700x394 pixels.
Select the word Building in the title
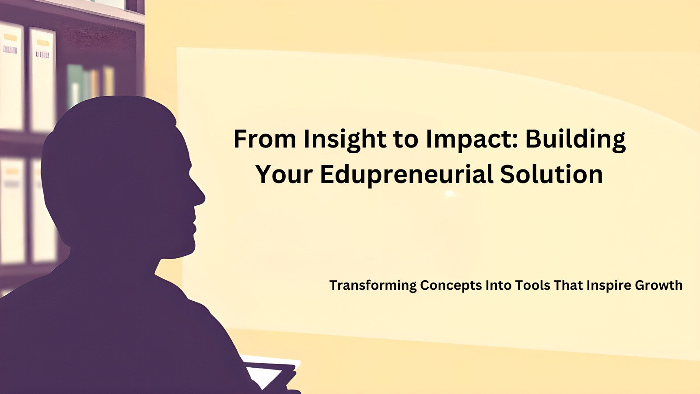pyautogui.click(x=575, y=139)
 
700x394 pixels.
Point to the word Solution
pyautogui.click(x=552, y=174)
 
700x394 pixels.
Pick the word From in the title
pyautogui.click(x=265, y=139)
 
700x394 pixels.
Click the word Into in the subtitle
pyautogui.click(x=498, y=285)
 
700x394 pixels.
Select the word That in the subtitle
pyautogui.click(x=568, y=285)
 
